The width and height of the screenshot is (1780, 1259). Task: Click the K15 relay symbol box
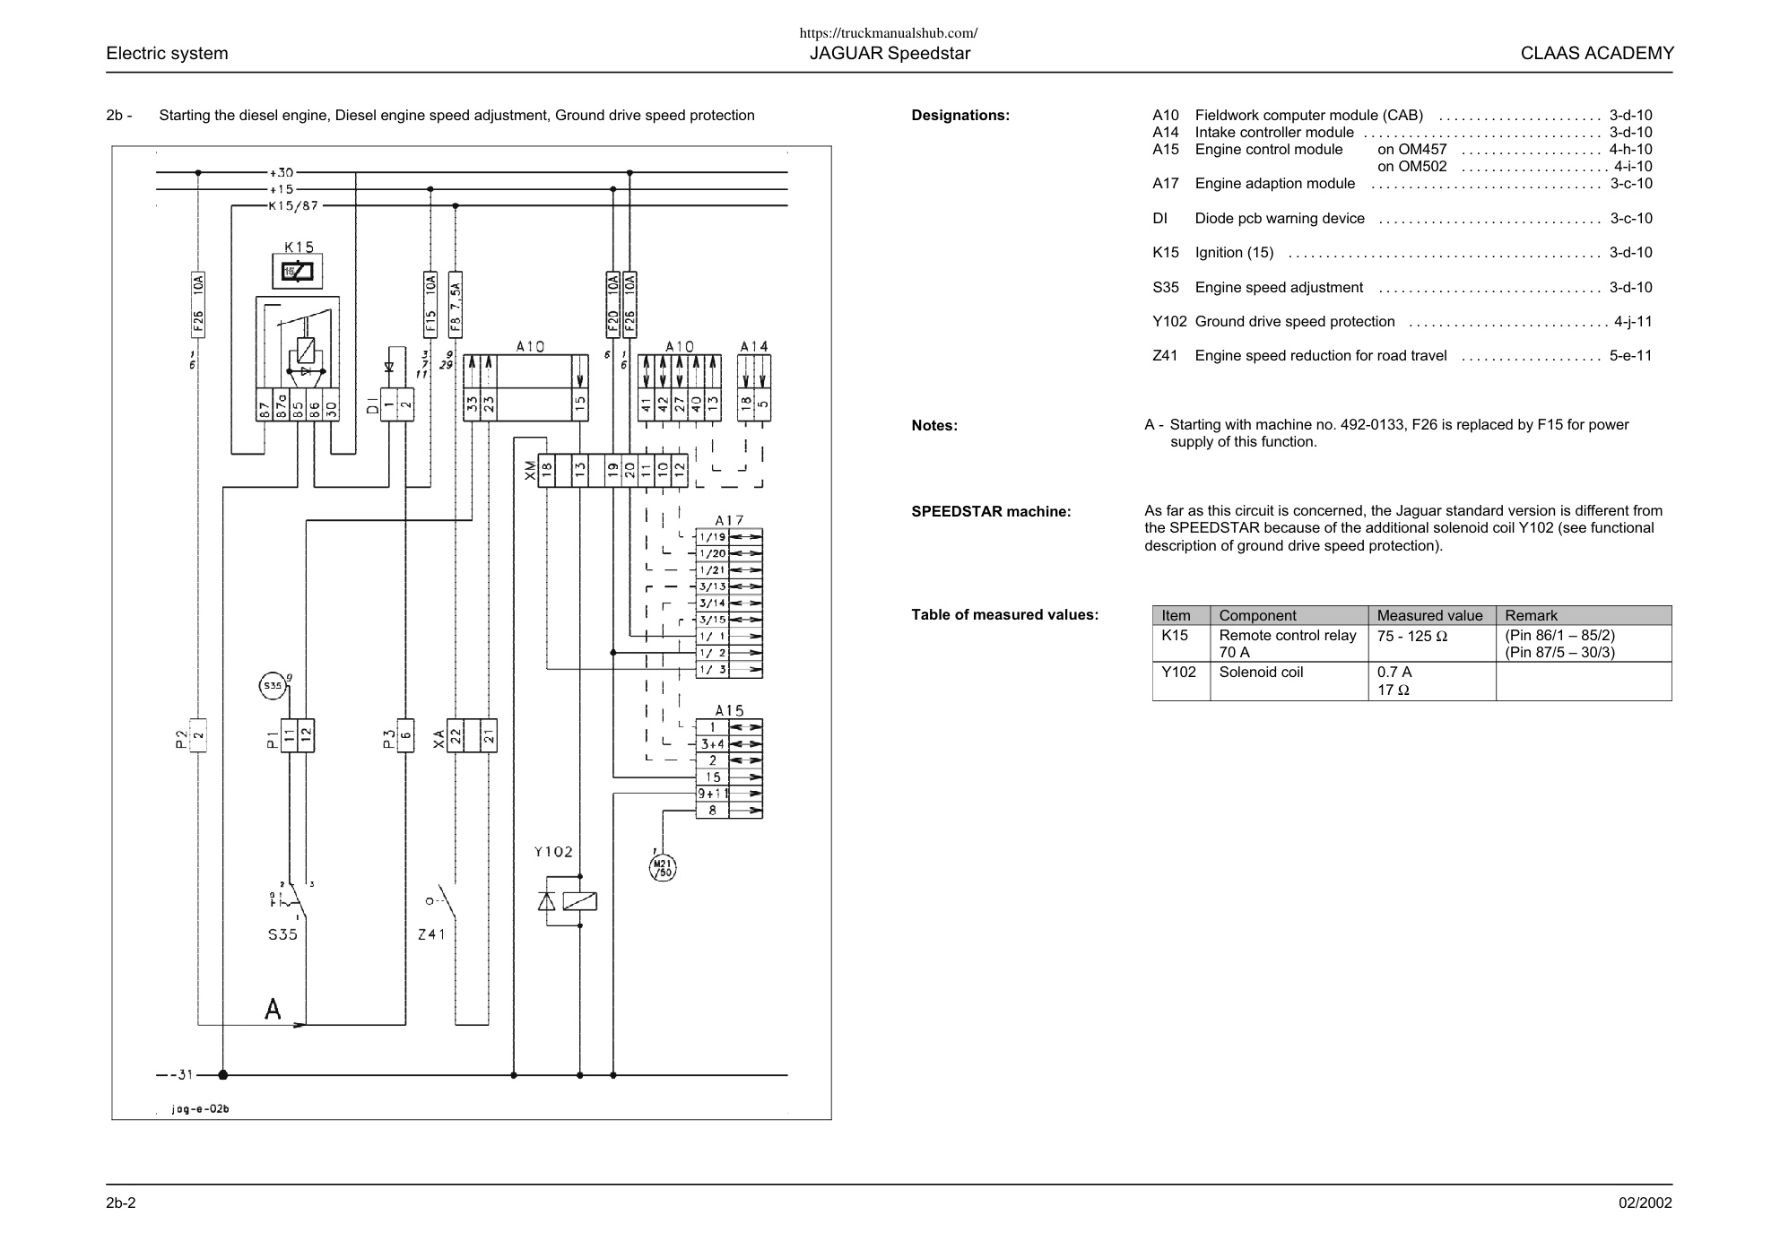point(298,272)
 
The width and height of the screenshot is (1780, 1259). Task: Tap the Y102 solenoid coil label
point(552,852)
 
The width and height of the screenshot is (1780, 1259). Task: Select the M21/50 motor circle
point(663,867)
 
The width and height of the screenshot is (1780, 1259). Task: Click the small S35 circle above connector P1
point(271,686)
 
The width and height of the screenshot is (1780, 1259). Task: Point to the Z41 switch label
point(431,934)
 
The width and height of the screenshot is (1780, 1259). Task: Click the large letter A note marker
point(273,1009)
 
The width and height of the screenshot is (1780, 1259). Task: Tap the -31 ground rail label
point(180,1074)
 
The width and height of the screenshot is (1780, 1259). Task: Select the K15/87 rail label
point(293,206)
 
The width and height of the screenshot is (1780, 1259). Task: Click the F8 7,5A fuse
point(456,304)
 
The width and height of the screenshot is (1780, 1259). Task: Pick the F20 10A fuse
point(613,304)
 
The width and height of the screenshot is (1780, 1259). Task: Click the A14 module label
point(754,346)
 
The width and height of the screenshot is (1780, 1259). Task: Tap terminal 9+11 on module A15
point(713,794)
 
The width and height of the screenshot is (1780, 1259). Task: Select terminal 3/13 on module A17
point(713,586)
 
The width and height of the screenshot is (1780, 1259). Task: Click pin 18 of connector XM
point(547,469)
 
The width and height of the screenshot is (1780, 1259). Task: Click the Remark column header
point(1531,615)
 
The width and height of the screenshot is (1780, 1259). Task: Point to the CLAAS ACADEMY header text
point(1597,53)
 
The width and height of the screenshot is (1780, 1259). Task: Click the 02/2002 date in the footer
point(1645,1203)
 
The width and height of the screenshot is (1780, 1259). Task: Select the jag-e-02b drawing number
point(201,1109)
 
